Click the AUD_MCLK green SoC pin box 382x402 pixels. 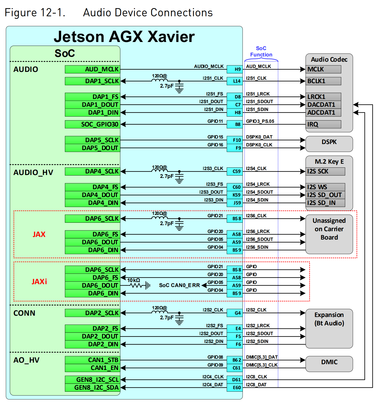point(92,69)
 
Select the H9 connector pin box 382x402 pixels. point(234,69)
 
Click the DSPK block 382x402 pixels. point(329,144)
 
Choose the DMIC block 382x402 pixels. point(329,364)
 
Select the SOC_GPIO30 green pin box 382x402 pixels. point(92,124)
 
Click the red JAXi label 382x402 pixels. point(39,282)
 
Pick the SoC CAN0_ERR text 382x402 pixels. point(179,285)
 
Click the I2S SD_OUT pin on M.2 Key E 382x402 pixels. point(325,195)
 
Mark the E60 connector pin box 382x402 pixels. point(234,388)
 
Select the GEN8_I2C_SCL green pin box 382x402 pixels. point(92,380)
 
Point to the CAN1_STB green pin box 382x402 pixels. point(92,360)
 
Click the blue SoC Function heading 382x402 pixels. point(261,51)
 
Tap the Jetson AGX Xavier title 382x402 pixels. point(124,36)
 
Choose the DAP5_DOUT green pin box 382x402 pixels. point(92,148)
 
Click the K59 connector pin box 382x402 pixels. point(234,195)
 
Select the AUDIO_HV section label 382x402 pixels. point(33,172)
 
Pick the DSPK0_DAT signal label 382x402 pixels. point(259,137)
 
